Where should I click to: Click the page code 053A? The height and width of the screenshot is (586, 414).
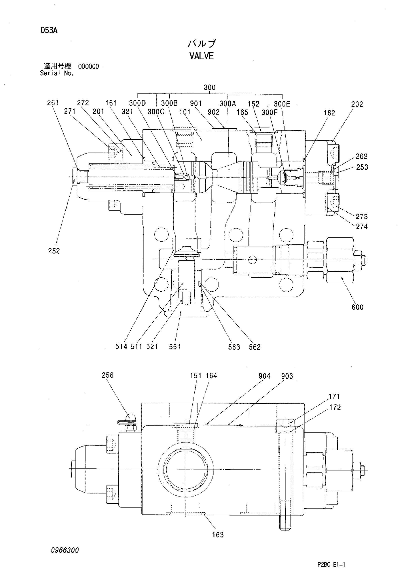pos(49,31)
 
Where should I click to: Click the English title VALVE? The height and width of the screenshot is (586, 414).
pos(201,56)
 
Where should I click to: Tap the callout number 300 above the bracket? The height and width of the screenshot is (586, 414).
pos(209,88)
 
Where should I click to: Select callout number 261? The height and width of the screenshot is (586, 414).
pos(53,103)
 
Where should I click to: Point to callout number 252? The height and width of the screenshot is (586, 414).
pos(54,251)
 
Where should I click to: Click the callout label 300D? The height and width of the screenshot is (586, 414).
pos(137,103)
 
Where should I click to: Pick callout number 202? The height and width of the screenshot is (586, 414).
pos(357,104)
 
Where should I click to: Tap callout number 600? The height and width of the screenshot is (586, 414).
pos(357,307)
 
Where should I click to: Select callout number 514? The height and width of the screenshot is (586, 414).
pos(121,347)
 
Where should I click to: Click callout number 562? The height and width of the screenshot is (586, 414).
pos(254,347)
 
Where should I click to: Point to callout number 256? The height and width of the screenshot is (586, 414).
pos(107,375)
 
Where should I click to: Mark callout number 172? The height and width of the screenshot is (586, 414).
pos(335,407)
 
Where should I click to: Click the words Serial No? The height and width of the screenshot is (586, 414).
pos(57,73)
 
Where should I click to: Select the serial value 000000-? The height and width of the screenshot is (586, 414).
pos(90,67)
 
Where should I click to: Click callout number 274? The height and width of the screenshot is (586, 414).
pos(362,226)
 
